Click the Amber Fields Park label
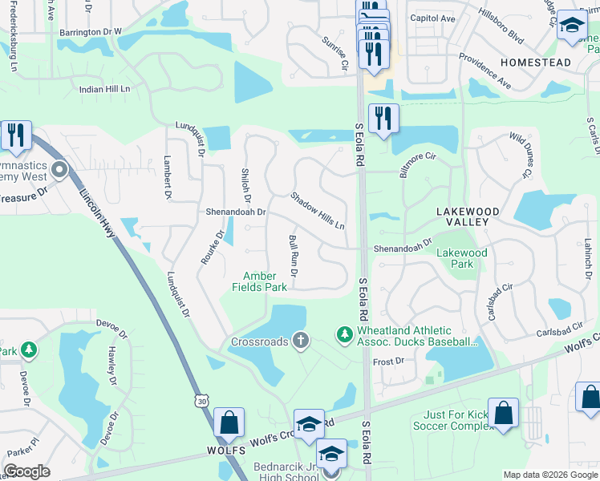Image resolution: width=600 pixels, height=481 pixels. click(260, 281)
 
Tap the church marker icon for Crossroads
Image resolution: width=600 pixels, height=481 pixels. click(301, 342)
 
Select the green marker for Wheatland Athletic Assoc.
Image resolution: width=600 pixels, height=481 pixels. click(345, 332)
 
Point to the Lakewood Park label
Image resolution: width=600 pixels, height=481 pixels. click(461, 258)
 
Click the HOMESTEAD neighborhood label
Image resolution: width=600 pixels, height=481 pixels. click(536, 63)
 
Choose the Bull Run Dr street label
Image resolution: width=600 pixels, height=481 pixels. click(293, 257)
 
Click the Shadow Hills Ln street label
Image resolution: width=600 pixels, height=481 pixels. click(317, 210)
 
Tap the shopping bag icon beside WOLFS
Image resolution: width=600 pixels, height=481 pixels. click(229, 422)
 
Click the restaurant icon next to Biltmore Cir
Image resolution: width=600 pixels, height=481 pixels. click(383, 119)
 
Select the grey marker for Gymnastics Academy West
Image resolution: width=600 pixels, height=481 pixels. click(59, 170)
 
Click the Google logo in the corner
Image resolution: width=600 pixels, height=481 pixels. click(27, 471)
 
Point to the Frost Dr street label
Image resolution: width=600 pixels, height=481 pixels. click(389, 362)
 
